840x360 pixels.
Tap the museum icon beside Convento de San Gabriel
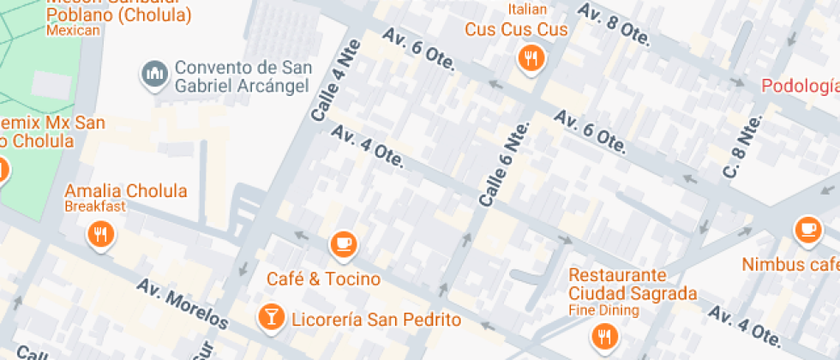(155, 74)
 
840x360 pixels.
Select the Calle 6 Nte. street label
(506, 164)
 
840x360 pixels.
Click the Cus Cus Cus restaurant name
(517, 30)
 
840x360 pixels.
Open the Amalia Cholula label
(125, 190)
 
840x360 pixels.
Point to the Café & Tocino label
(323, 279)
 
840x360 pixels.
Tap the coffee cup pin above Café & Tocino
(344, 244)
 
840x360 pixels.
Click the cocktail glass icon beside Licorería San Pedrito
(271, 317)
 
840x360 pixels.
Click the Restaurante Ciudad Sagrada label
(633, 285)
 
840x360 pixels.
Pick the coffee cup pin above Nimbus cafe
(808, 229)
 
